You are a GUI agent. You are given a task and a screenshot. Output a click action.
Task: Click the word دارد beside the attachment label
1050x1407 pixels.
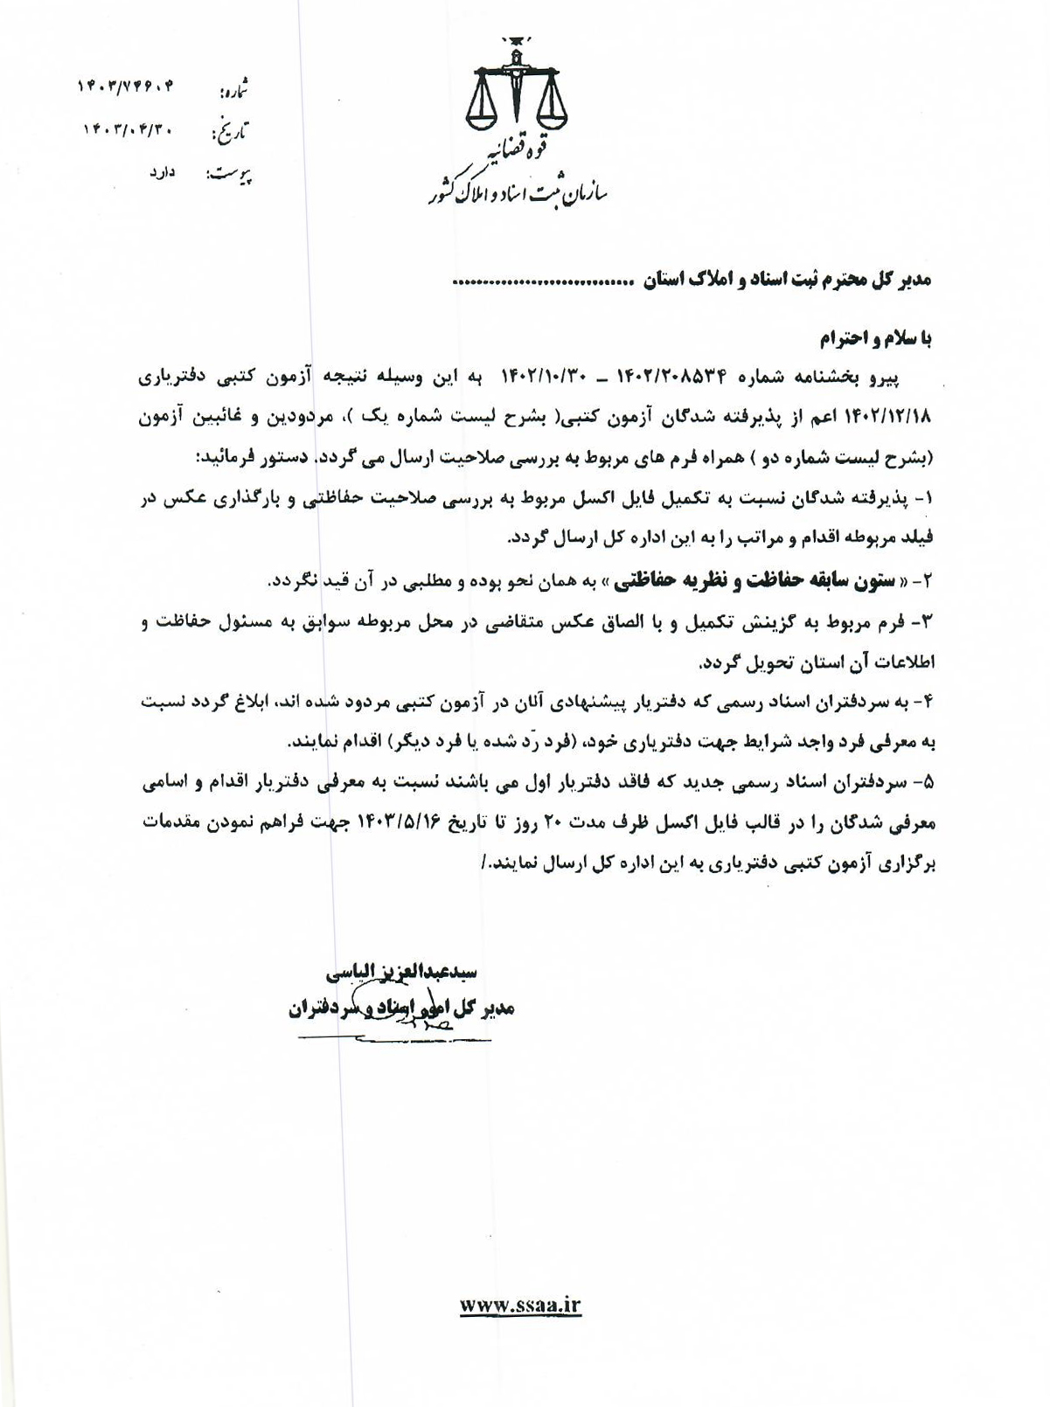click(163, 173)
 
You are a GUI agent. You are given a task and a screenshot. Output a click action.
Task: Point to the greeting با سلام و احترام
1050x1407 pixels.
click(876, 337)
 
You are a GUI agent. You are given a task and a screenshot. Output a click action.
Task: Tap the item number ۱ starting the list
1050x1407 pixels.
click(928, 500)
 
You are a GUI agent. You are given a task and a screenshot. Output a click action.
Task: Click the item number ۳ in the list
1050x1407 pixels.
click(928, 621)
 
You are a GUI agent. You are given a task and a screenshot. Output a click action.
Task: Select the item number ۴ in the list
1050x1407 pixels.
click(928, 703)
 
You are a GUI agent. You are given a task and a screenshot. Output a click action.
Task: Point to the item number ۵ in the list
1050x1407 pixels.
click(928, 784)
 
